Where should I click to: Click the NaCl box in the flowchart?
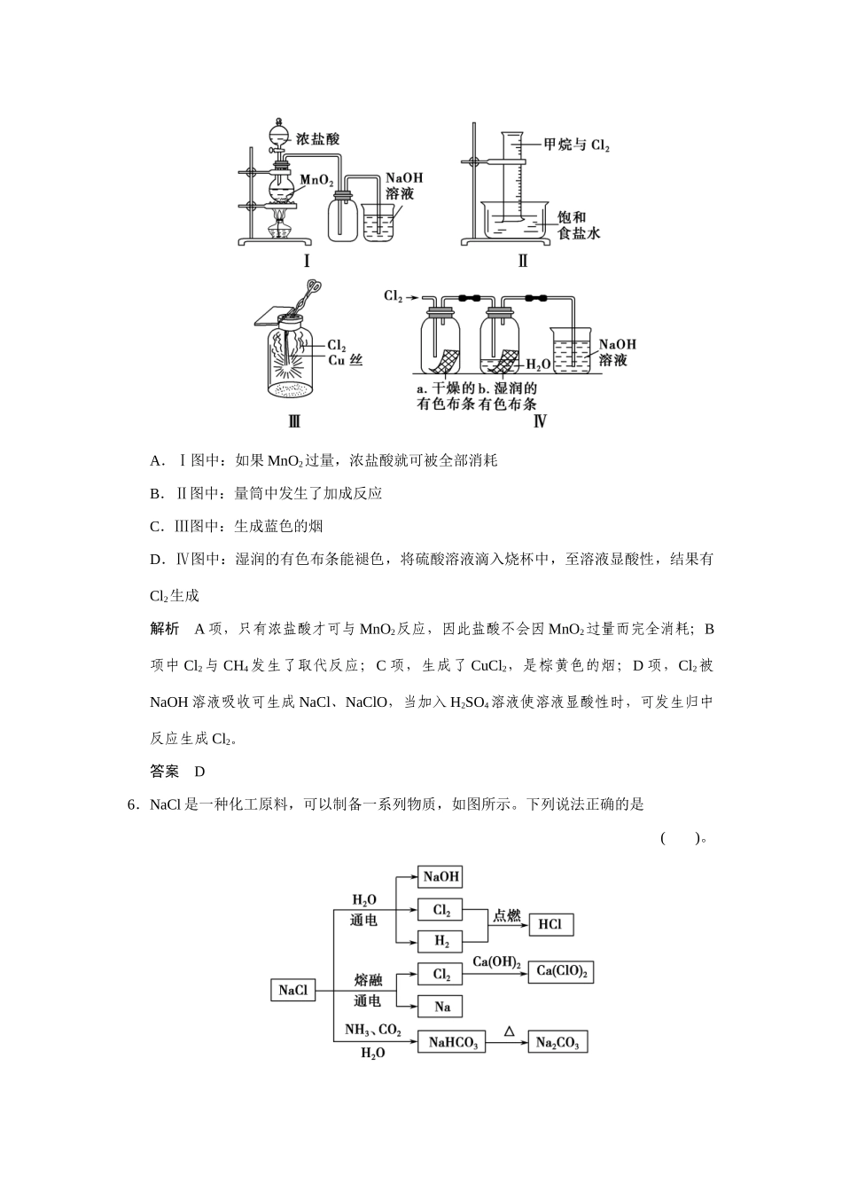[292, 990]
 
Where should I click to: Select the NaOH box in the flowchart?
[441, 877]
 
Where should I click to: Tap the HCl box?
[550, 924]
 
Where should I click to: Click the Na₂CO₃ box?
[557, 1043]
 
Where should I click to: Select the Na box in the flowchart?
[441, 1007]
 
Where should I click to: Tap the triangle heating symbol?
[509, 1031]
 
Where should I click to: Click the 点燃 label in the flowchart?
[507, 915]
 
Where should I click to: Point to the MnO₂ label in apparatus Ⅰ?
[316, 180]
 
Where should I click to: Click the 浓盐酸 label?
[317, 139]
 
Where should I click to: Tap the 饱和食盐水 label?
[579, 225]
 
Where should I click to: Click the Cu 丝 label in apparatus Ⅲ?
[346, 360]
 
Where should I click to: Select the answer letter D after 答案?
[199, 772]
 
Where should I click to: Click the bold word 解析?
[164, 629]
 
